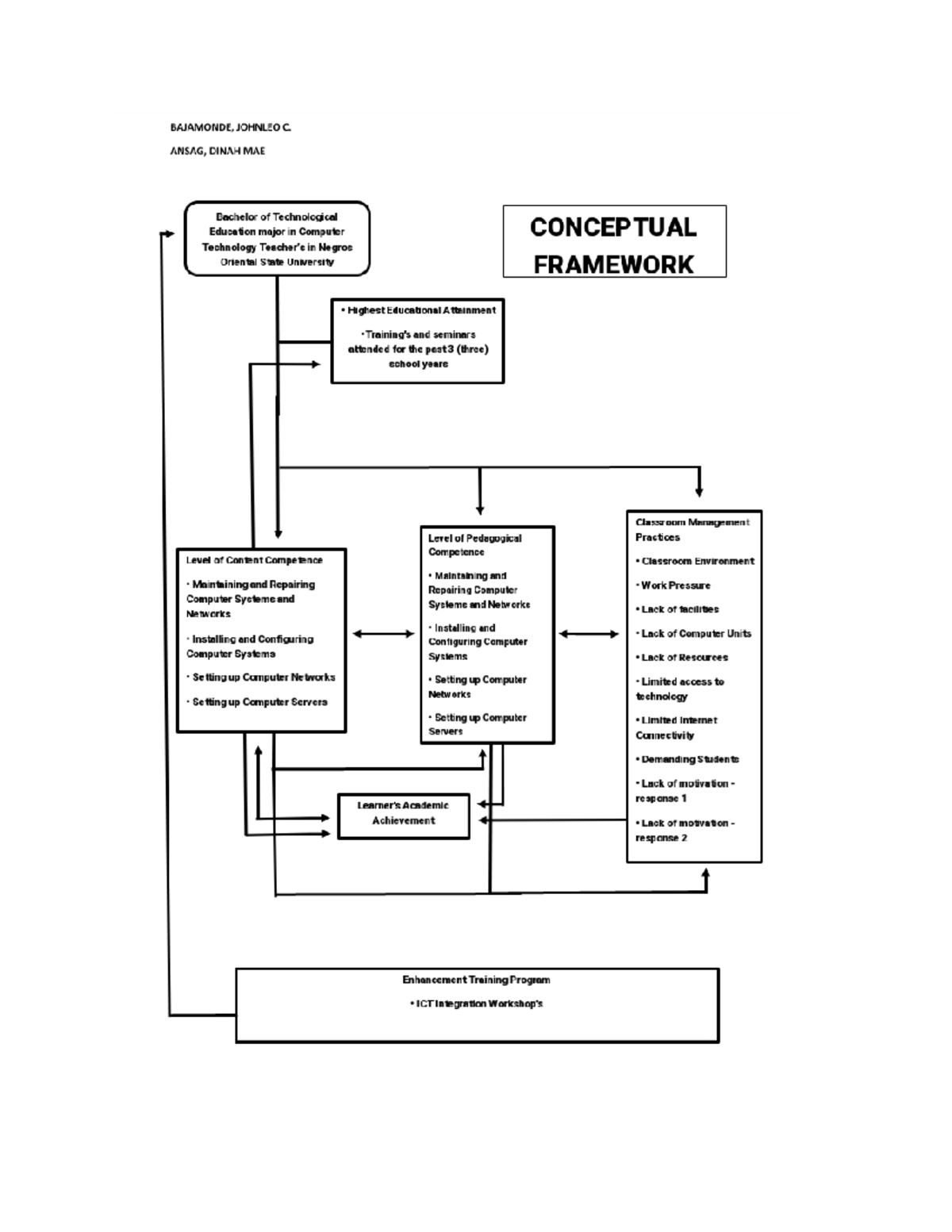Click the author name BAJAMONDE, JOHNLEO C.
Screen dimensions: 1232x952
(x=231, y=127)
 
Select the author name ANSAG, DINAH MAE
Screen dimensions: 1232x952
(x=217, y=151)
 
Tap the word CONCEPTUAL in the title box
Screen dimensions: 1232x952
(x=613, y=227)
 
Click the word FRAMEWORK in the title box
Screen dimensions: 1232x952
(x=613, y=264)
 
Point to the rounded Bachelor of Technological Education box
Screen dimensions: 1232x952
(x=277, y=239)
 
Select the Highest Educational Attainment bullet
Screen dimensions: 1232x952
(x=418, y=310)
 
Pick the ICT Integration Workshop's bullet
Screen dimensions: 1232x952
(x=477, y=1004)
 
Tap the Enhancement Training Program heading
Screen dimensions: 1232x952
(x=476, y=980)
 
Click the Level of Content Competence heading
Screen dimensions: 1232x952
(x=254, y=560)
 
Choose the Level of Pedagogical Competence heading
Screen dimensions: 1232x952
(x=474, y=544)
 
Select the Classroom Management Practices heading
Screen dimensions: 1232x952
(x=692, y=529)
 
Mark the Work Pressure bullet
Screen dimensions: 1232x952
(x=674, y=585)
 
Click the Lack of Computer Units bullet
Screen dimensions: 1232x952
(x=694, y=633)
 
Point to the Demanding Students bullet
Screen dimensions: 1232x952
(x=688, y=759)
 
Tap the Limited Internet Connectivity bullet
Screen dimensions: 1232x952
(x=676, y=727)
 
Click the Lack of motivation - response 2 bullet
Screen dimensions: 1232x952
(x=685, y=830)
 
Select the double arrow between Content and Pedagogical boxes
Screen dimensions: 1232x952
(x=383, y=634)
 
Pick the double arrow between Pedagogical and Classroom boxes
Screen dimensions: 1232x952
(x=589, y=634)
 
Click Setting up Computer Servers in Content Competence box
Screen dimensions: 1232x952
(x=258, y=702)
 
